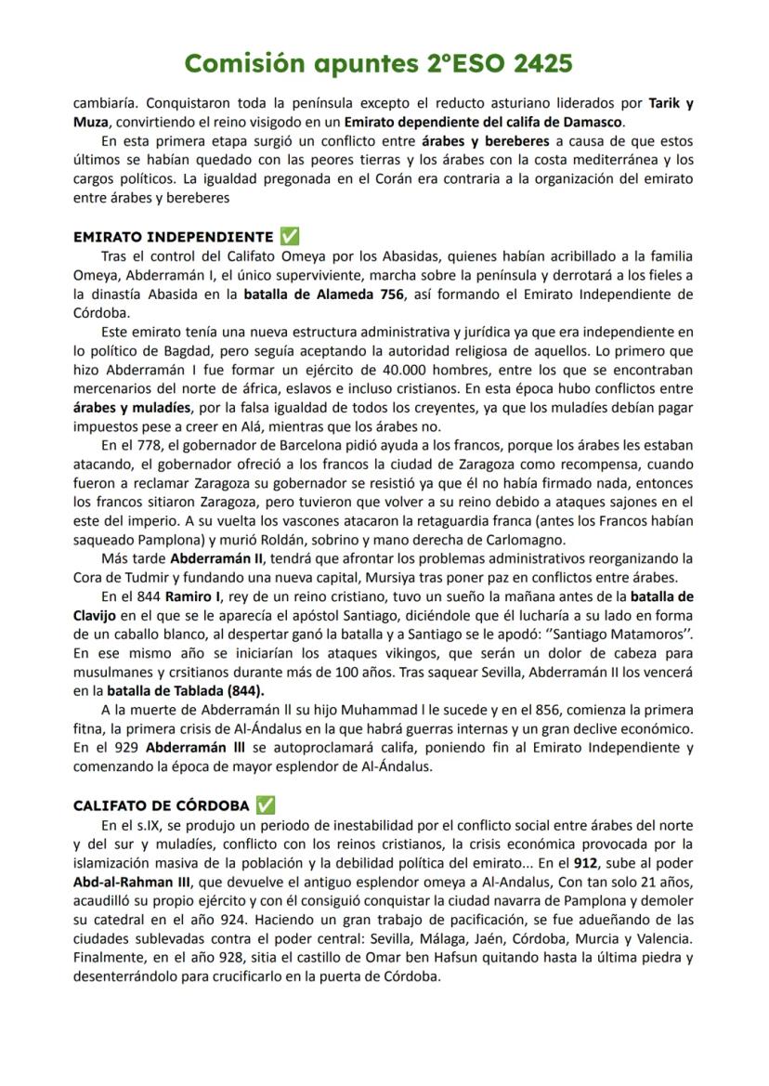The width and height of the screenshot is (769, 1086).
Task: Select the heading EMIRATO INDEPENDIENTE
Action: point(173,237)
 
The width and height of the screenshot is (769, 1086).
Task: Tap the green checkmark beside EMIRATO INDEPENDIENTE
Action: point(290,236)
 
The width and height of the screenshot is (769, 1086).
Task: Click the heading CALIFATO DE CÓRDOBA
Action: point(161,805)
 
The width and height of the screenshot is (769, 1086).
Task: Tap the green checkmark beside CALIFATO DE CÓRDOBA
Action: point(266,805)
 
